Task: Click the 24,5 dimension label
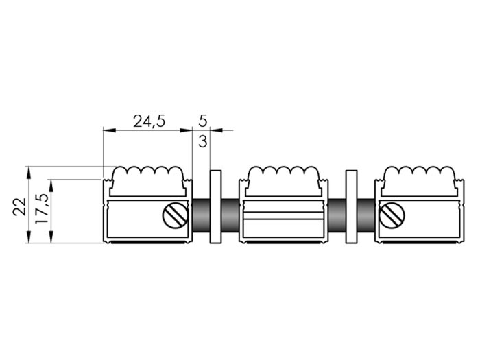pyautogui.click(x=149, y=121)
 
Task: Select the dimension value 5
pyautogui.click(x=203, y=121)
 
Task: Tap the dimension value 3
pyautogui.click(x=203, y=141)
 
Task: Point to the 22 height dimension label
pyautogui.click(x=20, y=207)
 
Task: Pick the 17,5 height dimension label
pyautogui.click(x=42, y=208)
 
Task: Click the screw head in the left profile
pyautogui.click(x=175, y=215)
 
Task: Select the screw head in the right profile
pyautogui.click(x=392, y=215)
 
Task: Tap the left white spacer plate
pyautogui.click(x=215, y=207)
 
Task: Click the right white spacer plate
pyautogui.click(x=351, y=207)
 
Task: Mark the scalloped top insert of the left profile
pyautogui.click(x=148, y=181)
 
